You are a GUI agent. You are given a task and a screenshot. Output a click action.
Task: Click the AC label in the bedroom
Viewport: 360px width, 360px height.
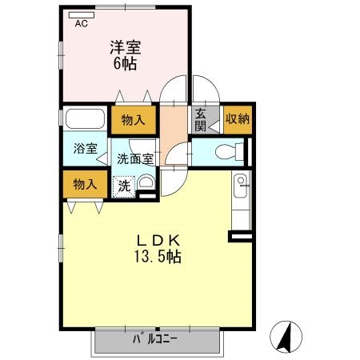coord(81,24)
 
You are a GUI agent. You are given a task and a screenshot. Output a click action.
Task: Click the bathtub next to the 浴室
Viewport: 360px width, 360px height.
coord(83,119)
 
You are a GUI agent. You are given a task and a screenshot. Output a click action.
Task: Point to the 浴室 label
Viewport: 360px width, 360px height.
coord(86,149)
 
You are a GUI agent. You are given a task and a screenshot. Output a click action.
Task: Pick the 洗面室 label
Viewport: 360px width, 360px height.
coord(135,158)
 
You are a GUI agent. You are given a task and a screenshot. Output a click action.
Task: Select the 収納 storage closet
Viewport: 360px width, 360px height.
coord(237,119)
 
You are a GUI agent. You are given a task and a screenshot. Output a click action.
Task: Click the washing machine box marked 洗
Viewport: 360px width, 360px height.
coord(124,185)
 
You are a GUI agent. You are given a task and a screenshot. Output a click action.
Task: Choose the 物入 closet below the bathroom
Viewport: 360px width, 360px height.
coord(85,184)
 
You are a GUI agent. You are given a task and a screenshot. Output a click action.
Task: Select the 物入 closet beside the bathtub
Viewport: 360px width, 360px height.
coord(133,120)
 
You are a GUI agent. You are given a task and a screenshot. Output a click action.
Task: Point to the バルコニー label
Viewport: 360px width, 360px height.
coord(156,338)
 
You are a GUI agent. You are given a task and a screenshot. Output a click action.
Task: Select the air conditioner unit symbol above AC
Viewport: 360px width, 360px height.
coord(81,14)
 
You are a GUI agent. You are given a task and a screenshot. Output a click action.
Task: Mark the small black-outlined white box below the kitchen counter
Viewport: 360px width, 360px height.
coord(240,236)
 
